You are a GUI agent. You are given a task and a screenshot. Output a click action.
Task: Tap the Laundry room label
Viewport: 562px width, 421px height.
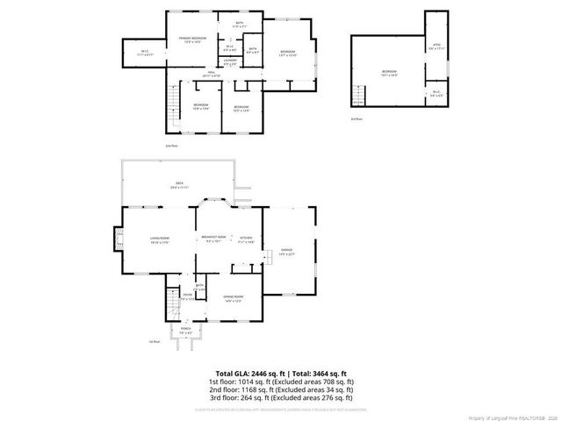pos(229,62)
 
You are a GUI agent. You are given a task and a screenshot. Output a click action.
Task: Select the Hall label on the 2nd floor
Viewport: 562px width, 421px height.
pos(211,75)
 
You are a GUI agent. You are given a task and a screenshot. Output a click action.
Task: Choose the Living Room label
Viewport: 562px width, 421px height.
pos(159,239)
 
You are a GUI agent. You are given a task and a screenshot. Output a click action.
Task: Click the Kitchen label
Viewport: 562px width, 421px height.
pos(246,239)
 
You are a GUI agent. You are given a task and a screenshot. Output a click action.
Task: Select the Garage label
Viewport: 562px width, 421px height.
pos(287,252)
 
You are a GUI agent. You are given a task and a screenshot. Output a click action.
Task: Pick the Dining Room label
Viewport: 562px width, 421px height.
pos(232,298)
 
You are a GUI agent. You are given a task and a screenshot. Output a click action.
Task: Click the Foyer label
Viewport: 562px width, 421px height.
pos(187,297)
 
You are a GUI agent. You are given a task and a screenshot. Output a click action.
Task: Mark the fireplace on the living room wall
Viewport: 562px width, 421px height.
pos(118,239)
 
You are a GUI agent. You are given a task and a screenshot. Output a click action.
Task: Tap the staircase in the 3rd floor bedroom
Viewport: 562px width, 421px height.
pos(358,94)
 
